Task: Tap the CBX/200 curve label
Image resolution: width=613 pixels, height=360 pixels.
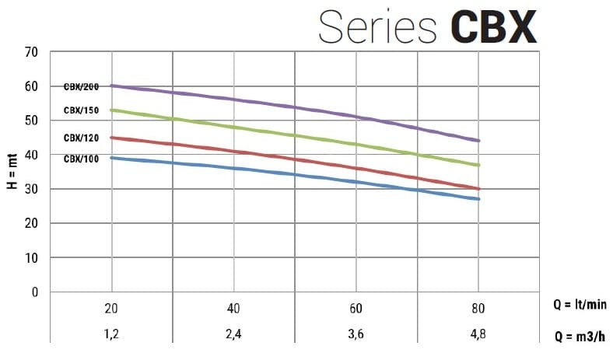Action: click(81, 86)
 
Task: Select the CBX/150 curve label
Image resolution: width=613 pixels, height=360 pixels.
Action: click(81, 110)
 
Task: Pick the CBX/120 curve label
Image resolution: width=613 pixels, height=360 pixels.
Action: click(81, 138)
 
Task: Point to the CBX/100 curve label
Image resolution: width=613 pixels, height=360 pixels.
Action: click(81, 159)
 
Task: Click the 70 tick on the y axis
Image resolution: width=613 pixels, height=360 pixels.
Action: click(31, 52)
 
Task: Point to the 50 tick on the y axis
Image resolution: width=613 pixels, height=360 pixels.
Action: click(31, 121)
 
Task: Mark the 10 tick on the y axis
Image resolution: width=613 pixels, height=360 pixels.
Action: click(31, 257)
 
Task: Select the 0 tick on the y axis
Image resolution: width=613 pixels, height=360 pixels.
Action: click(34, 292)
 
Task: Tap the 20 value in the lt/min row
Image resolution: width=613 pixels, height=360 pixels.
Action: click(111, 309)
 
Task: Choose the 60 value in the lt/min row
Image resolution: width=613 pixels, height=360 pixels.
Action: click(356, 309)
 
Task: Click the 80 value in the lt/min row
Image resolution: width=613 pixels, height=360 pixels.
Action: click(478, 309)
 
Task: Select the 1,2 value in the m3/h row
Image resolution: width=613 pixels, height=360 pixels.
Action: click(111, 337)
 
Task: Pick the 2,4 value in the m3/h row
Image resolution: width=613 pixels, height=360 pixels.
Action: click(233, 337)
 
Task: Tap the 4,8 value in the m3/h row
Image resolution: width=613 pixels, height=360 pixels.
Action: click(478, 337)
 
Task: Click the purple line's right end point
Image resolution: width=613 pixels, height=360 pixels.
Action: click(478, 141)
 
